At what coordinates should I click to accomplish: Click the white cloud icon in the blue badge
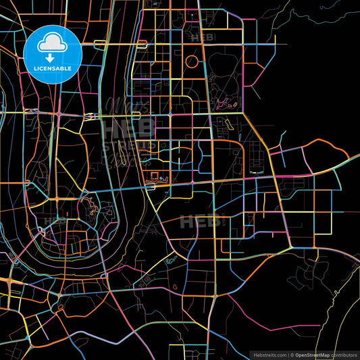point(53,43)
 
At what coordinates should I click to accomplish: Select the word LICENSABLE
point(53,68)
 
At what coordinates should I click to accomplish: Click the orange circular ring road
point(192,62)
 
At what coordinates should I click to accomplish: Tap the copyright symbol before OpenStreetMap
point(292,354)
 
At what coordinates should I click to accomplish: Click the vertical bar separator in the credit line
point(288,354)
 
